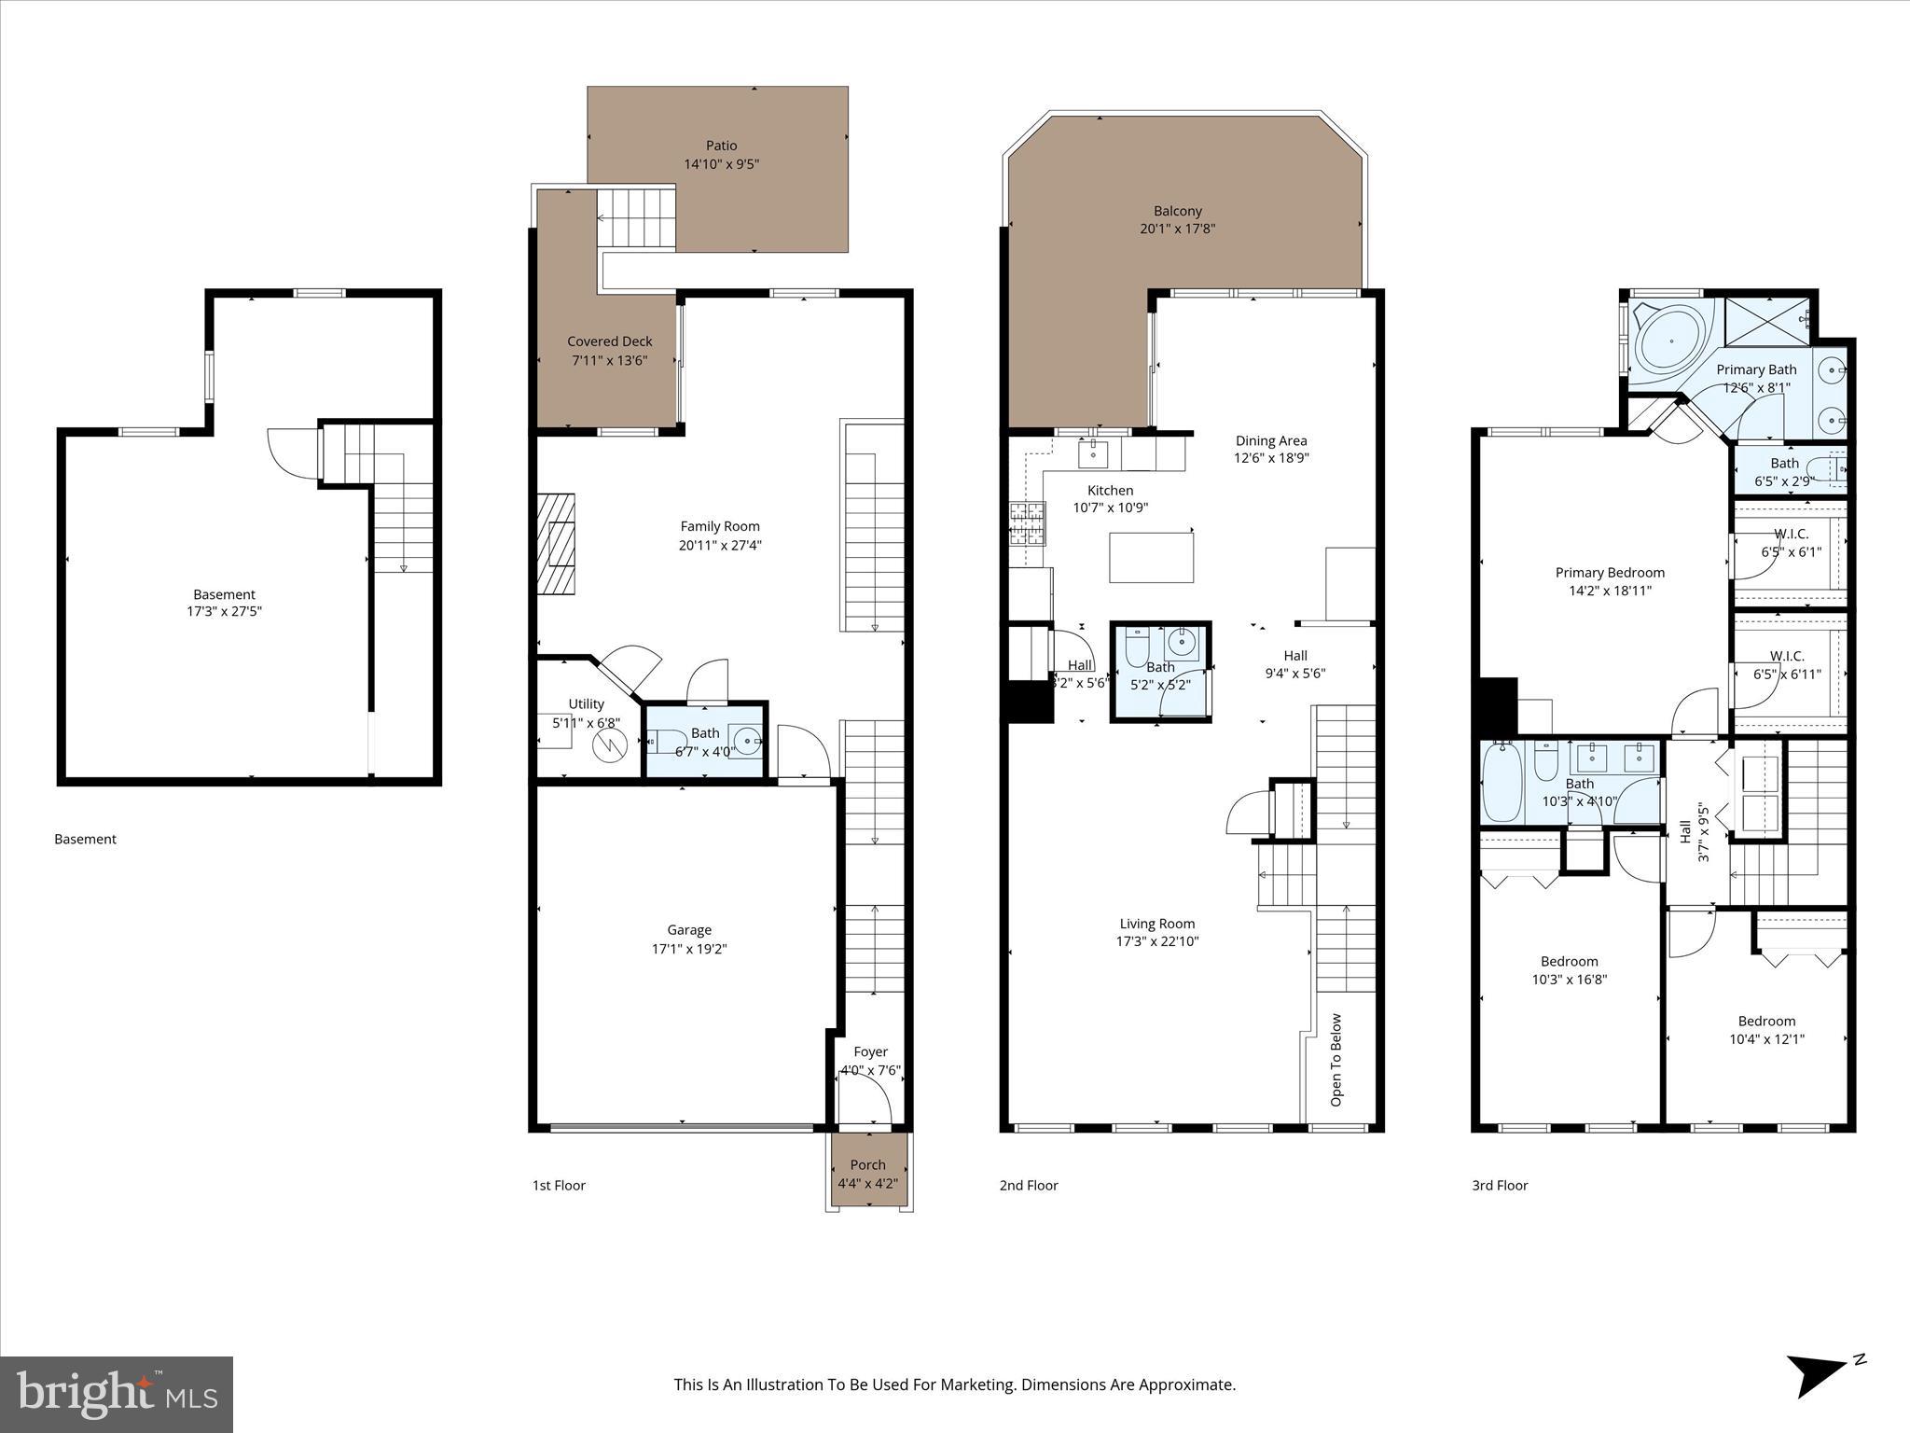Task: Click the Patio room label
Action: (721, 146)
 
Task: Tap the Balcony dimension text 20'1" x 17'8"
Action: (1177, 229)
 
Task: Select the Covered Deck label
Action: (610, 341)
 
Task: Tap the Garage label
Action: (689, 930)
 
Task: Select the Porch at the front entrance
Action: (868, 1173)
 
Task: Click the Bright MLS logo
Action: (117, 1393)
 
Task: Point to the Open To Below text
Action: (1336, 1060)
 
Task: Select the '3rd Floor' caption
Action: (1500, 1186)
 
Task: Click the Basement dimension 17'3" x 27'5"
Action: (224, 612)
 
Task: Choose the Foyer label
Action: (870, 1051)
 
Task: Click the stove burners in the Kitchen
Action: (1026, 523)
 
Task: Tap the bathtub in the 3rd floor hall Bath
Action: (1501, 782)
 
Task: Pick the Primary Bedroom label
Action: (1610, 573)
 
